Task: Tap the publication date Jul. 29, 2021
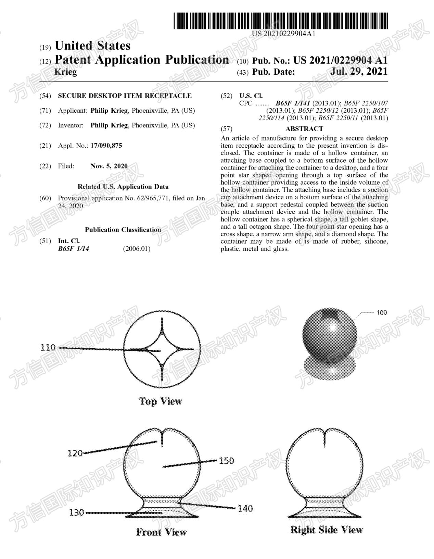[359, 71]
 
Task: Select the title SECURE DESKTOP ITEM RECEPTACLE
[125, 96]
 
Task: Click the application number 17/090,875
[106, 146]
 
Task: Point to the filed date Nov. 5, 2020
[109, 166]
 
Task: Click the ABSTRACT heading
[304, 129]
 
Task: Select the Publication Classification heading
[123, 230]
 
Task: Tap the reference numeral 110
[48, 347]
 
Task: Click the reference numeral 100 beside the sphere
[382, 312]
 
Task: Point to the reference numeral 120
[75, 453]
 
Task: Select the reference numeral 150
[226, 461]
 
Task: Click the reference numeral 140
[245, 508]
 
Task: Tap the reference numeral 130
[76, 513]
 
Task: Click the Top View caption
[160, 401]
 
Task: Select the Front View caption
[161, 532]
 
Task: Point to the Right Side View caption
[326, 530]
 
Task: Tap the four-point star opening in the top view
[162, 349]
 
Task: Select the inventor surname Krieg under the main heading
[66, 72]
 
